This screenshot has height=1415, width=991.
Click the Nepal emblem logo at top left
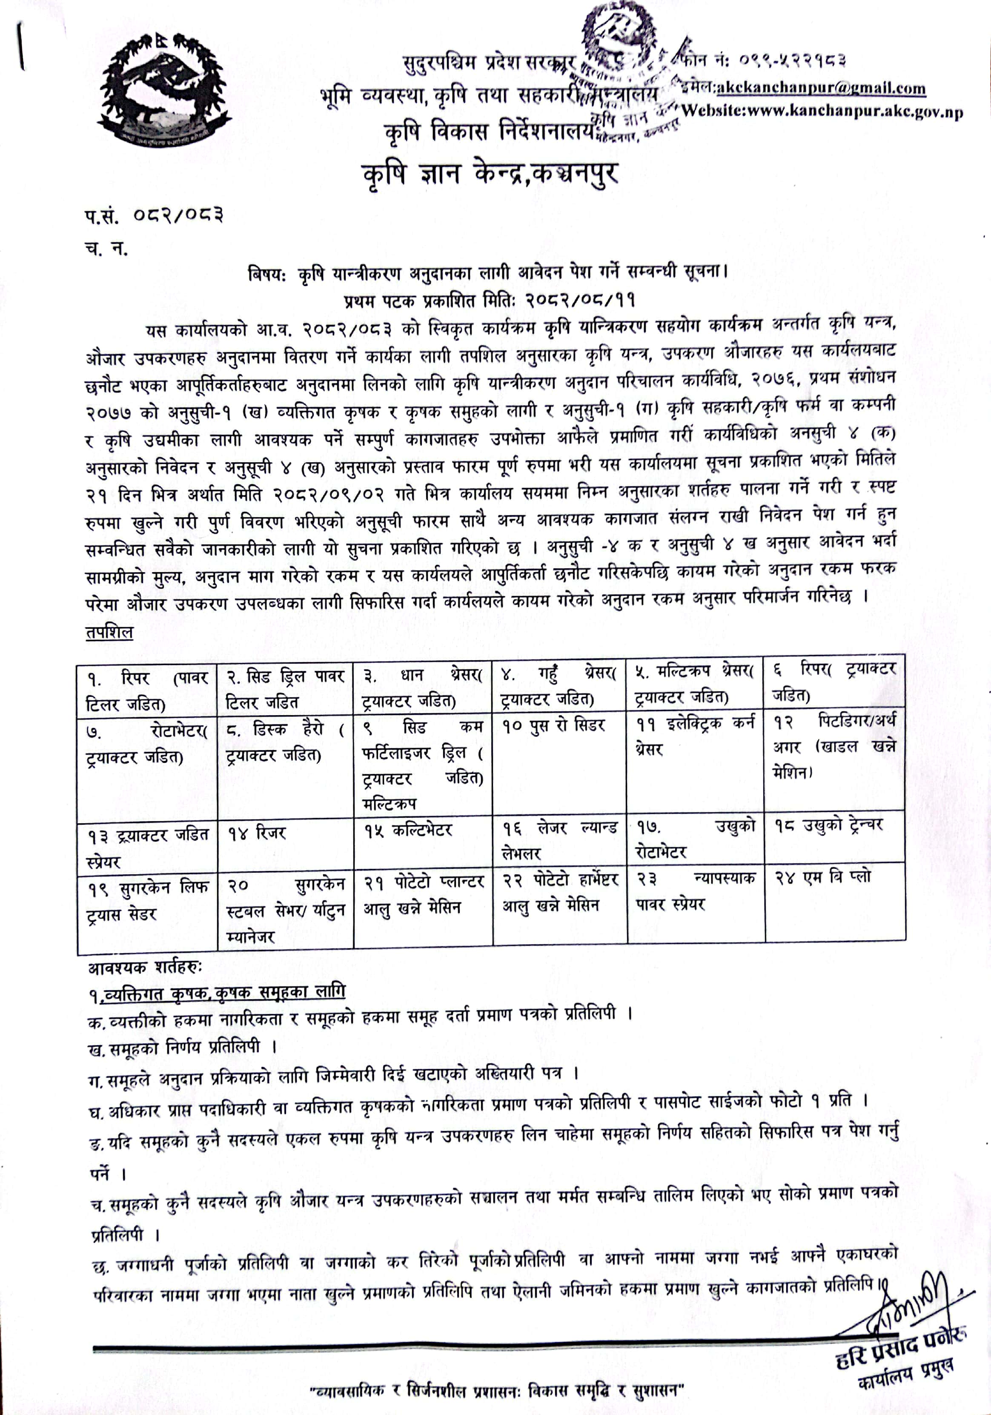pos(163,90)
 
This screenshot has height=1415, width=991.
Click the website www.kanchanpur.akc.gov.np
pos(823,112)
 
